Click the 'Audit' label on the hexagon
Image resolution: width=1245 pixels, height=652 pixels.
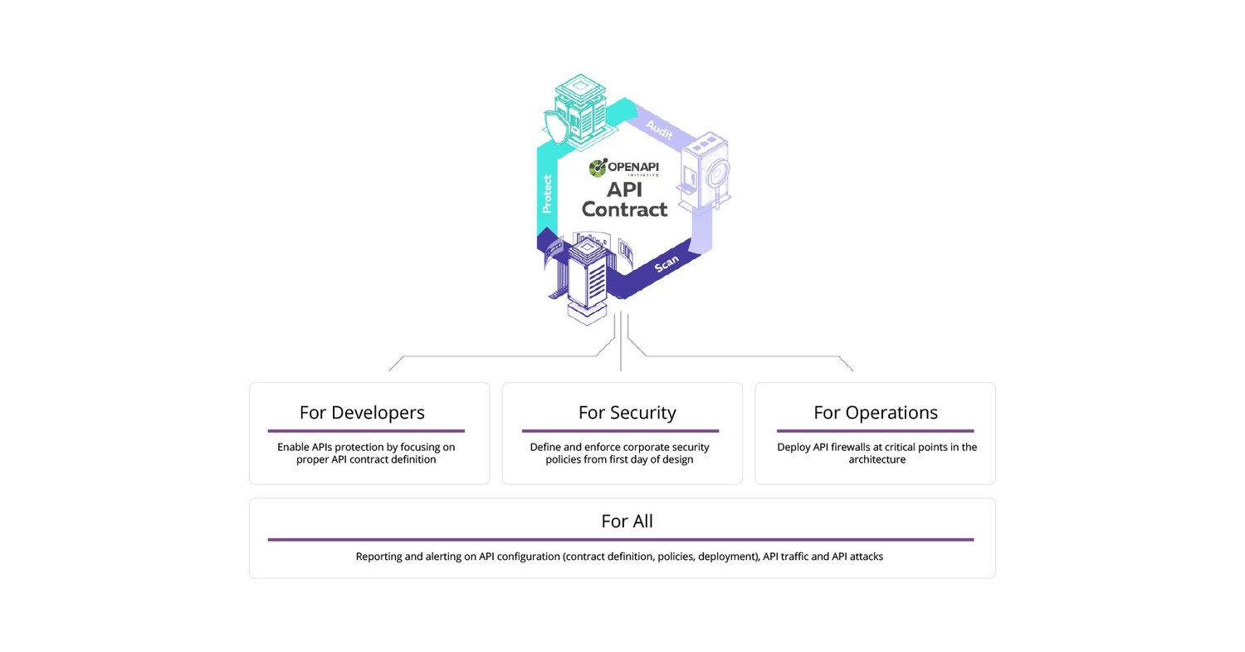(659, 130)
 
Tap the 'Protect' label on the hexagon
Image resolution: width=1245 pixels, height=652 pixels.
(547, 194)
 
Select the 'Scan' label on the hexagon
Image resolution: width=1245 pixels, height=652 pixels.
(666, 263)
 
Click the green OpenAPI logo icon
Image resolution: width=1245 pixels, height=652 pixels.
(598, 168)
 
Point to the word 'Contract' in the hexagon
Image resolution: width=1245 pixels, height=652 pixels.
(624, 209)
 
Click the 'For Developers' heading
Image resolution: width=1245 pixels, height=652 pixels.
(362, 412)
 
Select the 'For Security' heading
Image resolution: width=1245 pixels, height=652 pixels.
(627, 412)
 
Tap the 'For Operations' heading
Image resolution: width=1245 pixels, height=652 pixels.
(875, 412)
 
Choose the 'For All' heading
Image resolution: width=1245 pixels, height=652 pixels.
(627, 521)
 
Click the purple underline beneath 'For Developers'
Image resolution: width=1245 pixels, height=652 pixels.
(366, 431)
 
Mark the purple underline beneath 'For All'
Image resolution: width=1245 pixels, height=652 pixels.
(620, 540)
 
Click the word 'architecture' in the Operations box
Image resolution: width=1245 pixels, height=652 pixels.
(876, 459)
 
